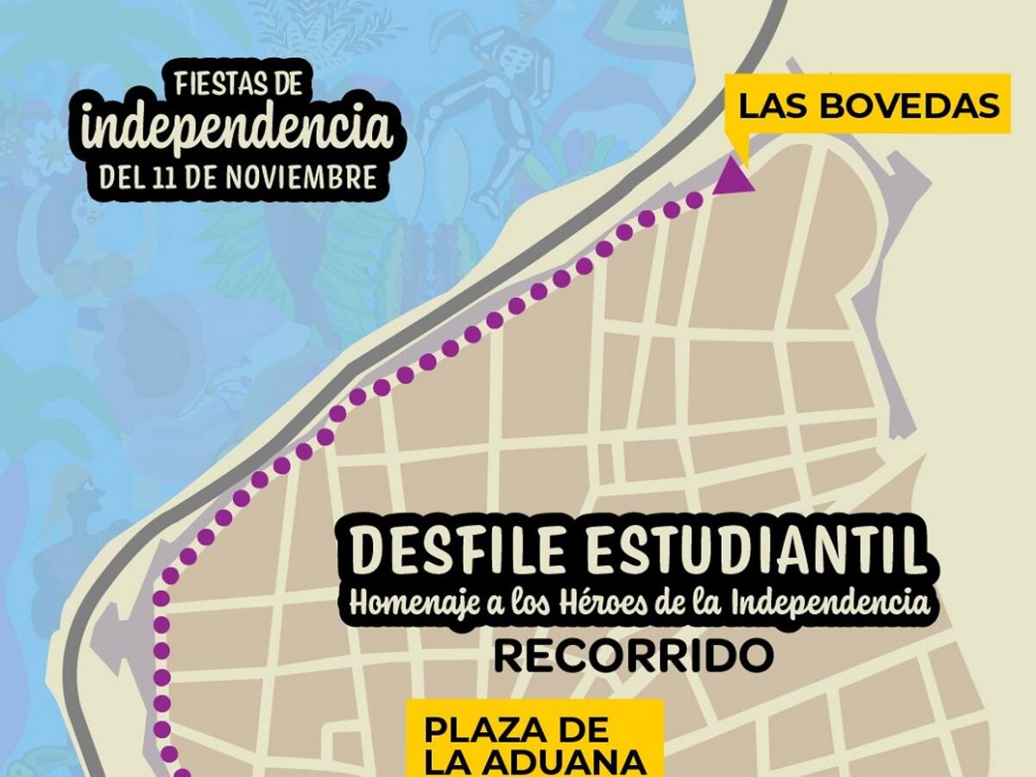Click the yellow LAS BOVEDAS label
869,105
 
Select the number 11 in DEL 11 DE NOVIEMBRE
166,178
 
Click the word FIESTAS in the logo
217,85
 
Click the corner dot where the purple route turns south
161,597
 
